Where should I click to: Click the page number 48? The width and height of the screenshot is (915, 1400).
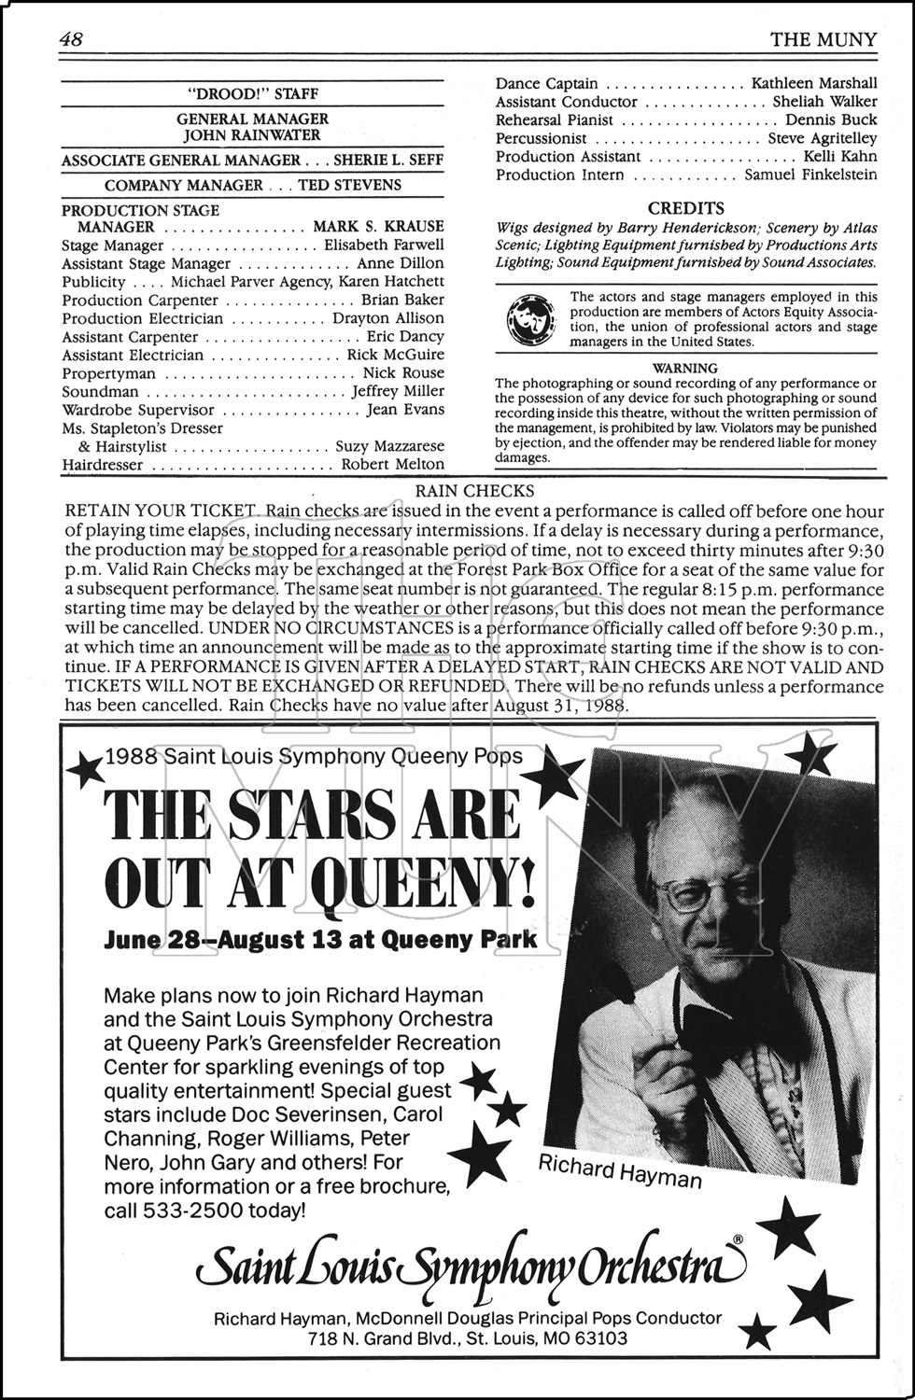tap(72, 39)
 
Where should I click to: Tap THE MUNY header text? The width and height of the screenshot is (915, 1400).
tap(823, 39)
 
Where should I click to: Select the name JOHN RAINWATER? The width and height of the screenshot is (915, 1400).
tap(252, 136)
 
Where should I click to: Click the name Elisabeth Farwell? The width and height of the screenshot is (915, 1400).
tap(384, 245)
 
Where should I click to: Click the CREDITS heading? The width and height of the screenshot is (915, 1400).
tap(685, 208)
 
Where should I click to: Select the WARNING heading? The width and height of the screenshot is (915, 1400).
tap(685, 368)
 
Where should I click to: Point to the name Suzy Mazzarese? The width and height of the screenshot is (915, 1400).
tap(389, 446)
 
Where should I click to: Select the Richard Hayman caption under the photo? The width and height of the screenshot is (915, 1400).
tap(619, 1170)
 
